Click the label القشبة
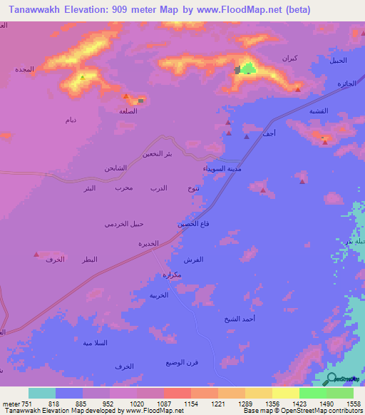point(319,112)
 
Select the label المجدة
point(24,70)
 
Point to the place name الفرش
point(193,260)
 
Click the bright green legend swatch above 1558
point(340,393)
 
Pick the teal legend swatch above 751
point(42,393)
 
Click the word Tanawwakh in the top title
point(28,11)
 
